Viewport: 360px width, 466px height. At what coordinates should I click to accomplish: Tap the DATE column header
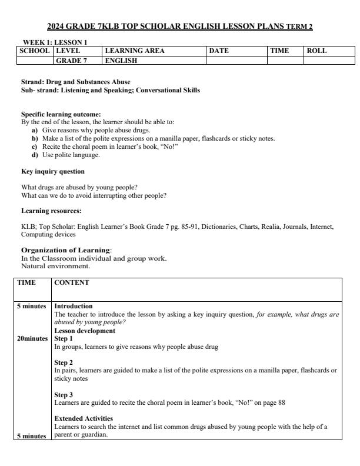(219, 51)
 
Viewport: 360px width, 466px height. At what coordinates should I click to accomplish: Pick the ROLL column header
(316, 51)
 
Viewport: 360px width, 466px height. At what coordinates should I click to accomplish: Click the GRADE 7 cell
(71, 60)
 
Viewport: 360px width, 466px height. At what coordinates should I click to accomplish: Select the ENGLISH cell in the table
(121, 60)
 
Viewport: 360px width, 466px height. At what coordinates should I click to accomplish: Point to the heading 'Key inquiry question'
(53, 171)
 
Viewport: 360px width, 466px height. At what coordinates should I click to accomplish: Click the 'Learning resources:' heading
(51, 210)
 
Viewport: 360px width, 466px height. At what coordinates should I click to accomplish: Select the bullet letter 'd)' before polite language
(35, 155)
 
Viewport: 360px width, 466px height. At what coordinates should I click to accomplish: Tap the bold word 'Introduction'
(74, 306)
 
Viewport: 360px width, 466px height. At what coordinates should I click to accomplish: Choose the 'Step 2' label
(64, 362)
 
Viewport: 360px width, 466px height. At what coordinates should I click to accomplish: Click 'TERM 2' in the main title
(299, 27)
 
